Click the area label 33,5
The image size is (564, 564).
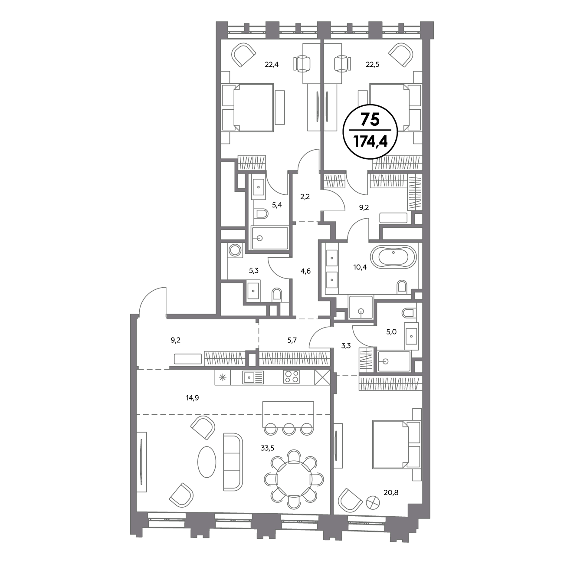click(268, 448)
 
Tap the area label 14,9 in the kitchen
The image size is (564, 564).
click(192, 398)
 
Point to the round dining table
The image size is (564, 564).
click(294, 479)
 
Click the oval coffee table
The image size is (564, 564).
click(207, 462)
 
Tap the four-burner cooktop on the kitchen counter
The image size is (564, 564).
click(291, 377)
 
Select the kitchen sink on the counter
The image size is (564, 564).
click(253, 377)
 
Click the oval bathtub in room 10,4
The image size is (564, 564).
click(393, 258)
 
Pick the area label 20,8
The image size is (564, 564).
click(391, 492)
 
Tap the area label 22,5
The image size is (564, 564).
click(372, 64)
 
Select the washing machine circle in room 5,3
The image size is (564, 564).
click(235, 250)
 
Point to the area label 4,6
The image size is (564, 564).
click(305, 271)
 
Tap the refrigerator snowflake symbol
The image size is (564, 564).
click(223, 377)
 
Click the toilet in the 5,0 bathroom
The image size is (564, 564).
click(409, 313)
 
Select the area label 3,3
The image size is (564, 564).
click(346, 346)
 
